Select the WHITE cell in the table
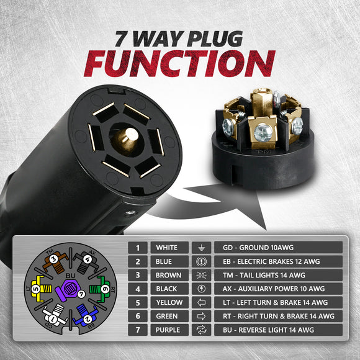167,248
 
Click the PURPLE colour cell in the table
167,330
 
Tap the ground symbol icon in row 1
200,248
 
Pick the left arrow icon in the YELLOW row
200,302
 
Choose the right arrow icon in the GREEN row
200,316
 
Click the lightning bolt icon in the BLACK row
200,289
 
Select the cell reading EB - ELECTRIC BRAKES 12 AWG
277,261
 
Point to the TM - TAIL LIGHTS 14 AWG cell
277,275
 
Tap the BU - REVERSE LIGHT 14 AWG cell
277,330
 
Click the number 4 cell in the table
137,289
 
